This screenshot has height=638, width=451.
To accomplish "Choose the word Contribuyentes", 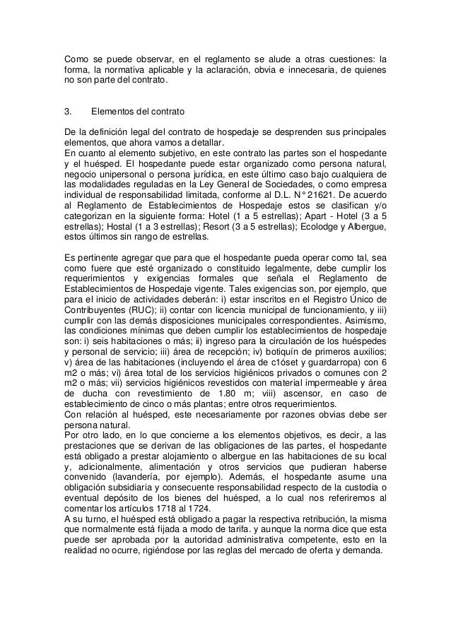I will (100, 309).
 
